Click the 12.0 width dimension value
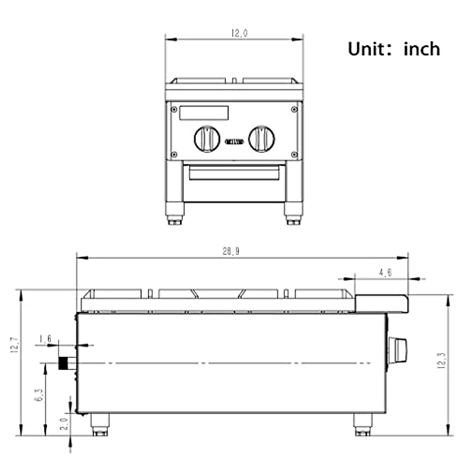[x=239, y=34]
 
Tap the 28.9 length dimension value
[x=231, y=252]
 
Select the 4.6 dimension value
[x=385, y=273]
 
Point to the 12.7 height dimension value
[x=14, y=345]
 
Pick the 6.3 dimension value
[x=39, y=395]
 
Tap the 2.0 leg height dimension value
[x=65, y=424]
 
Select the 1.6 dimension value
[x=45, y=339]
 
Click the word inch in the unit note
[x=422, y=50]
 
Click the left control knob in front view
[x=207, y=139]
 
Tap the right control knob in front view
[x=262, y=139]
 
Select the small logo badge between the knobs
[x=234, y=142]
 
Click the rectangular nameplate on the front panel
[x=204, y=113]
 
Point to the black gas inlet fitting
[x=62, y=363]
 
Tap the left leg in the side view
[x=100, y=424]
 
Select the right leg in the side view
[x=363, y=424]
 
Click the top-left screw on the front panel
[x=174, y=109]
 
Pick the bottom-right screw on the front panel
[x=294, y=155]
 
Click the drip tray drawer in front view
[x=234, y=173]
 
